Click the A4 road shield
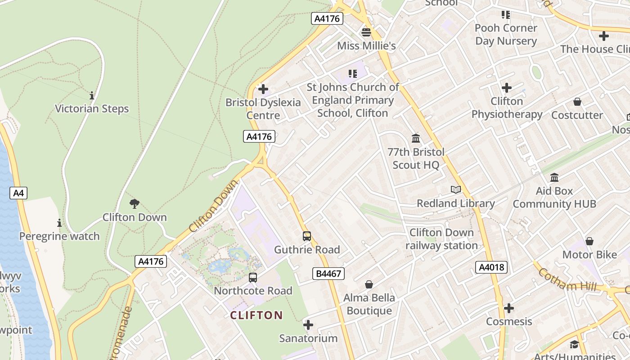pyautogui.click(x=18, y=193)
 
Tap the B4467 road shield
pyautogui.click(x=328, y=273)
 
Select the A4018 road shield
pyautogui.click(x=491, y=267)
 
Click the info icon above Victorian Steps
pyautogui.click(x=92, y=95)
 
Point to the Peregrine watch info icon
pyautogui.click(x=59, y=223)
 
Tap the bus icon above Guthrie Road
pyautogui.click(x=307, y=236)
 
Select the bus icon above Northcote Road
pyautogui.click(x=253, y=278)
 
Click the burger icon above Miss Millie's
pyautogui.click(x=366, y=32)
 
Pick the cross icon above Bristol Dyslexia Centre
pyautogui.click(x=263, y=89)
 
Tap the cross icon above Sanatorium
pyautogui.click(x=308, y=325)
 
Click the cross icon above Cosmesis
pyautogui.click(x=509, y=308)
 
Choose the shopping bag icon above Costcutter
pyautogui.click(x=577, y=102)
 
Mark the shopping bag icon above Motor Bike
pyautogui.click(x=589, y=242)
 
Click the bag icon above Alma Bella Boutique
pyautogui.click(x=369, y=284)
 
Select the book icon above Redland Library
pyautogui.click(x=456, y=190)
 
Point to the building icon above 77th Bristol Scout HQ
pyautogui.click(x=416, y=138)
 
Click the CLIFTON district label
pyautogui.click(x=256, y=315)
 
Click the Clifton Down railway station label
pyautogui.click(x=441, y=239)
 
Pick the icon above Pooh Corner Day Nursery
pyautogui.click(x=506, y=15)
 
